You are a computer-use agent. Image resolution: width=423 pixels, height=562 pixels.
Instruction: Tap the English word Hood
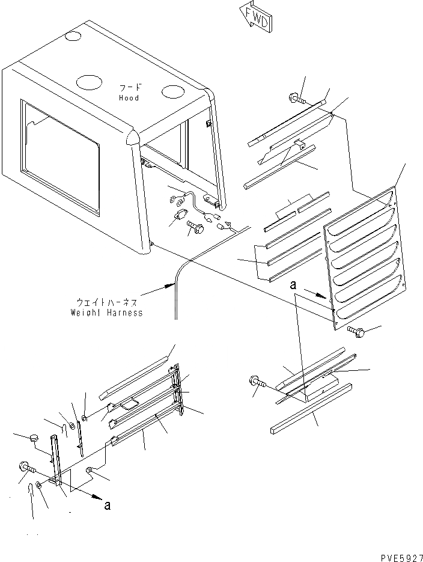[128, 98]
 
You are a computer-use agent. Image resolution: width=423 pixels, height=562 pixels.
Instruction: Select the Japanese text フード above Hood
[128, 87]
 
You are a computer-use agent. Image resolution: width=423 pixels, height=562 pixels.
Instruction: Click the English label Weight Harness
[107, 313]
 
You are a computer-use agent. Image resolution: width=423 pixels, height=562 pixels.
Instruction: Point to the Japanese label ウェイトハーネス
[107, 302]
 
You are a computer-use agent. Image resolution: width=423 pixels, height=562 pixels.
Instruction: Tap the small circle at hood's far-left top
[72, 37]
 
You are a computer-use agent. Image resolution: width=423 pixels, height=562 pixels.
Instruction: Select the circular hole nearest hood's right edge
[172, 91]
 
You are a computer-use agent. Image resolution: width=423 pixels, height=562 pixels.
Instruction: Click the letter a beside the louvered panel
[293, 287]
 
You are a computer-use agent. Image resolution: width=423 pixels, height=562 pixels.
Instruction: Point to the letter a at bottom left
[107, 505]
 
